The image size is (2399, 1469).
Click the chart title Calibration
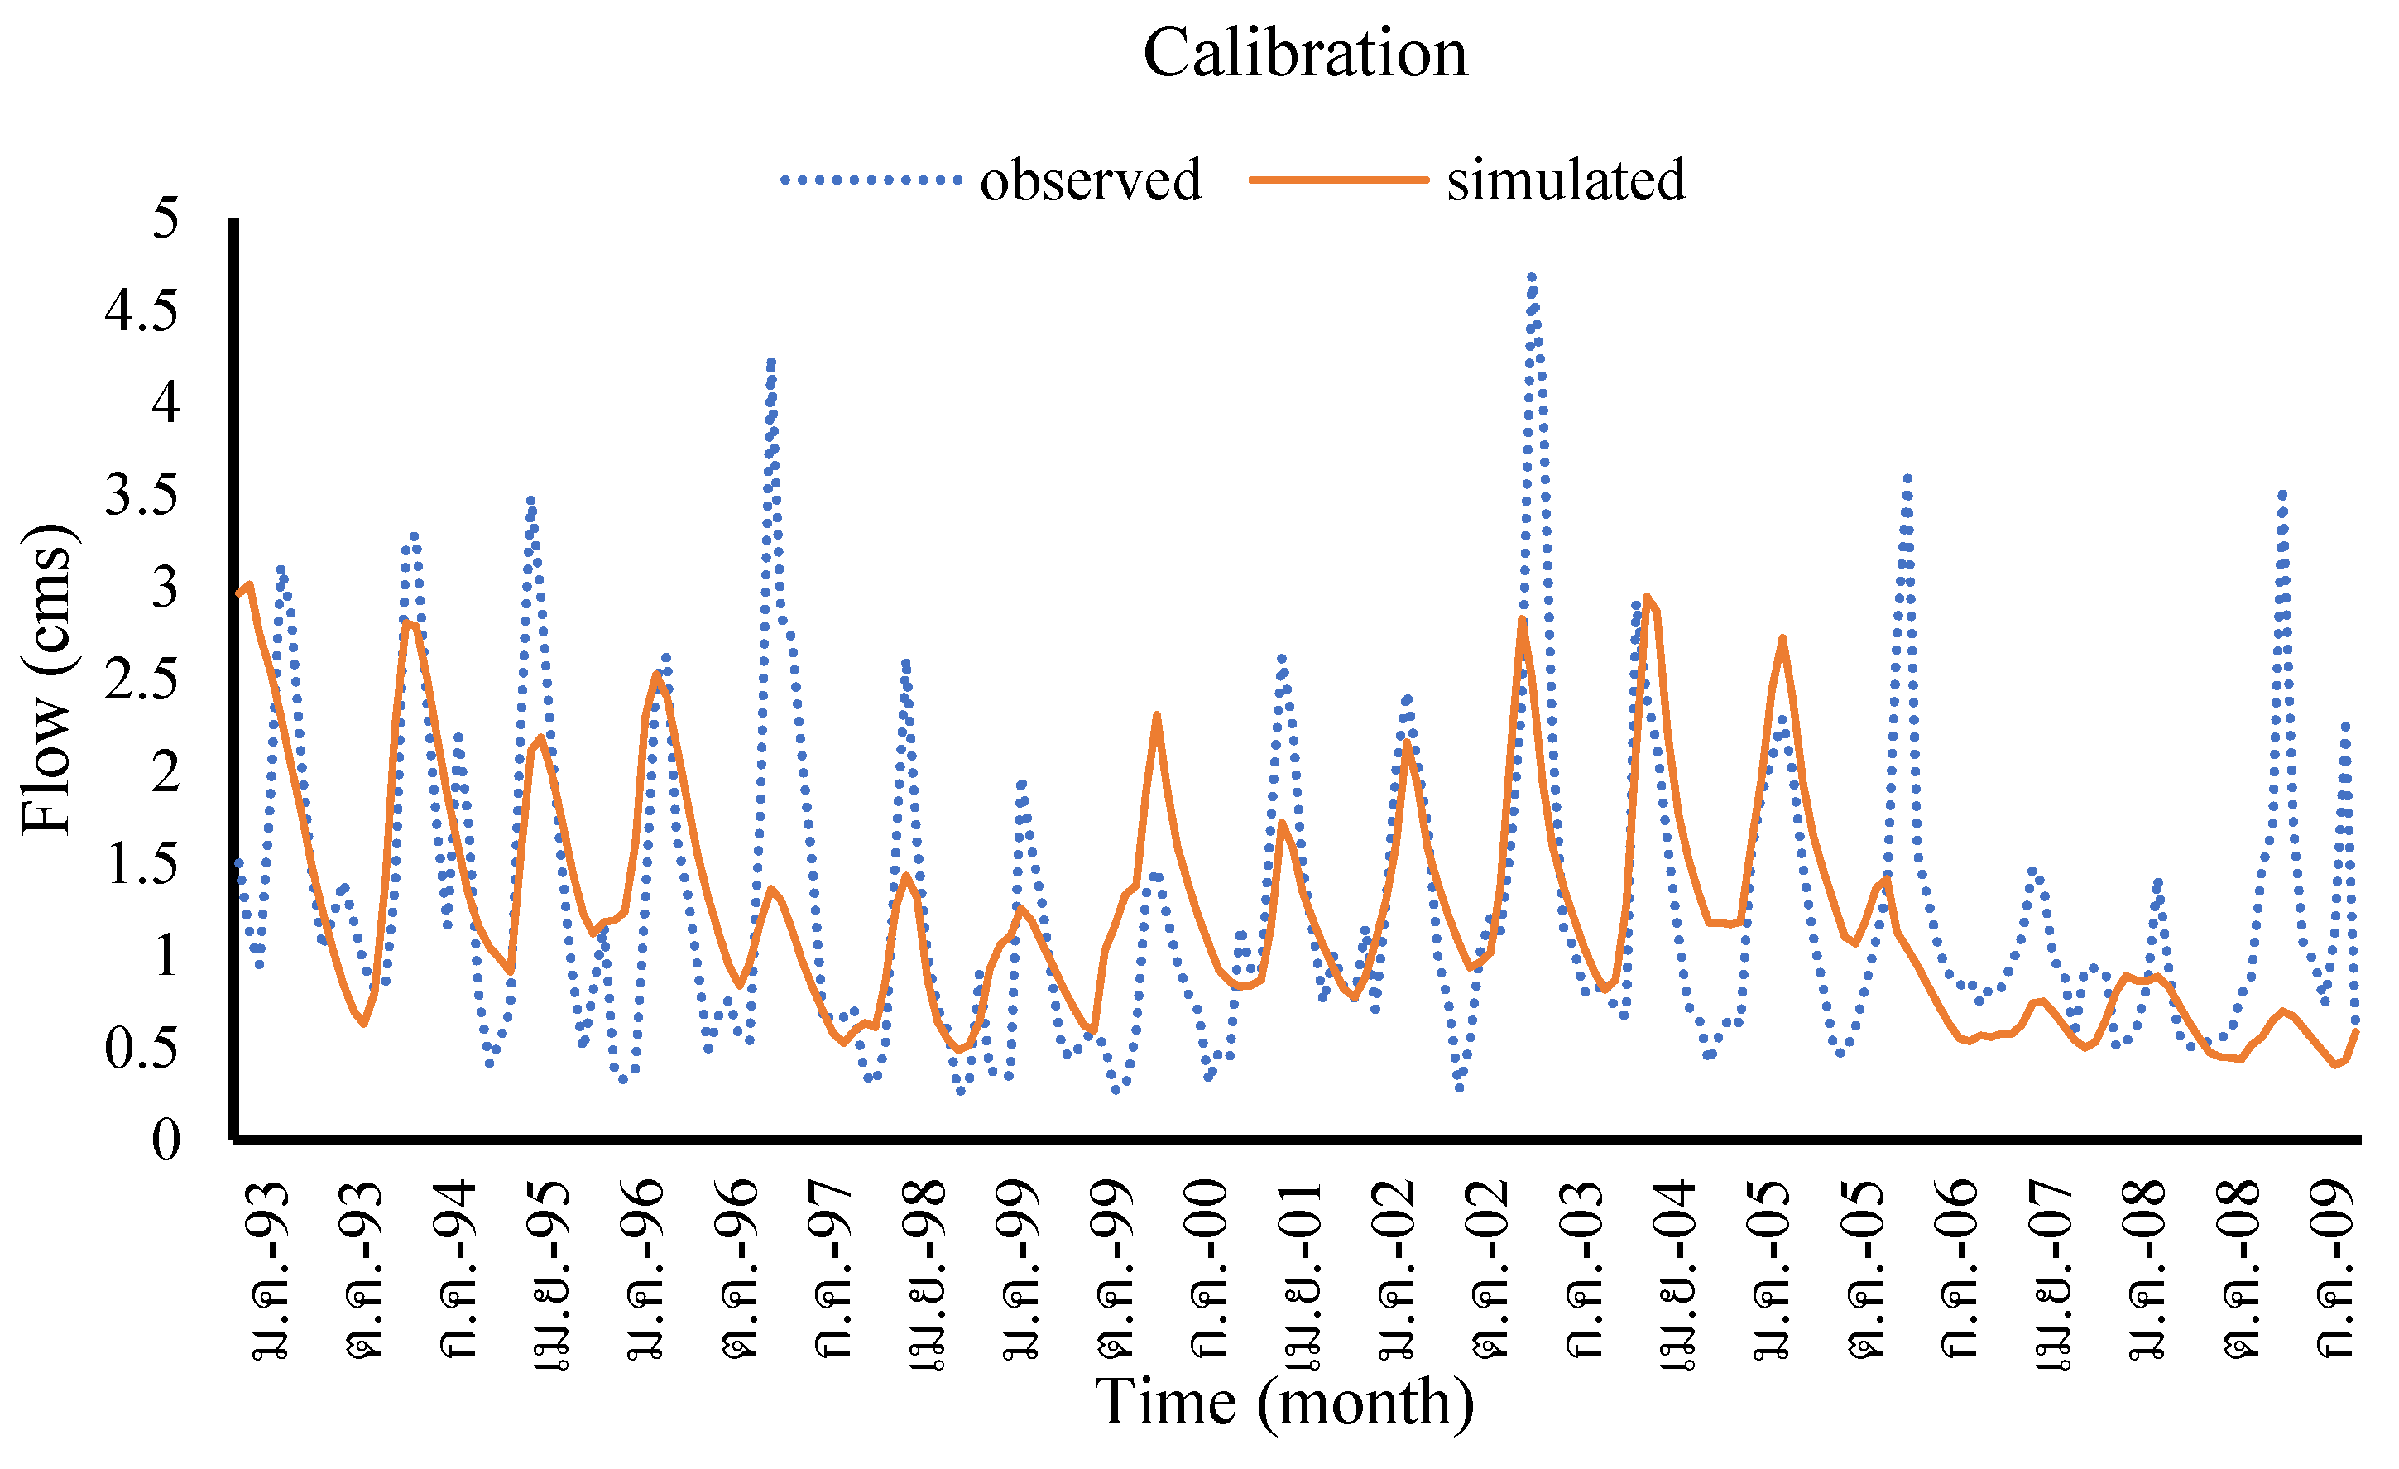(x=1305, y=53)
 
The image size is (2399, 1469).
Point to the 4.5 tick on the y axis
(x=142, y=311)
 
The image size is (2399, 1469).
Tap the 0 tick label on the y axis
(x=166, y=1140)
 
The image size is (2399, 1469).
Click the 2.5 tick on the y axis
(x=142, y=679)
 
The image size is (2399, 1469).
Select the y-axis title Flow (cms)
(x=46, y=679)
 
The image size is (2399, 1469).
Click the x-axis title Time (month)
(x=1284, y=1403)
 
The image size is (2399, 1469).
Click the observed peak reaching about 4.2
(x=771, y=362)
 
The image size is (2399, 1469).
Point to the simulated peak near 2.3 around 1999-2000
(x=1157, y=716)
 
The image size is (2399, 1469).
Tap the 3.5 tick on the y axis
(x=142, y=495)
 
